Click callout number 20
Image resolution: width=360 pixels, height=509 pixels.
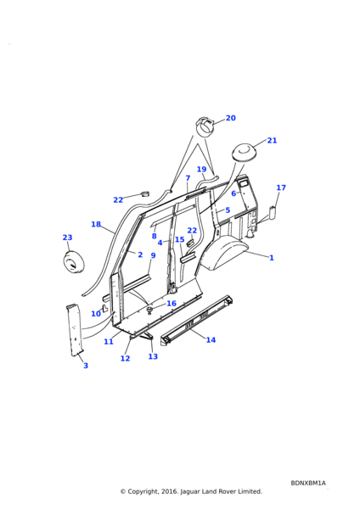coord(231,118)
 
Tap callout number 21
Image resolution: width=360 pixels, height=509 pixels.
coord(272,140)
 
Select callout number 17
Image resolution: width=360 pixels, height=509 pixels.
coord(281,187)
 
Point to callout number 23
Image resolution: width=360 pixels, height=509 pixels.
coord(67,238)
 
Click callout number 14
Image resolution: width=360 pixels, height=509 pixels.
coord(211,340)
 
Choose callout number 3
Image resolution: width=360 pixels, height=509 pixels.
coord(86,366)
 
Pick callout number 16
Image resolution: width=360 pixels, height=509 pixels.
coord(172,304)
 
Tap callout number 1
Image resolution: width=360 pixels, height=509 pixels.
coord(272,258)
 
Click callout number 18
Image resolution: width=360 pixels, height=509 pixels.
coord(96,224)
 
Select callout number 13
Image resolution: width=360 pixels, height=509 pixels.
coord(153,356)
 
